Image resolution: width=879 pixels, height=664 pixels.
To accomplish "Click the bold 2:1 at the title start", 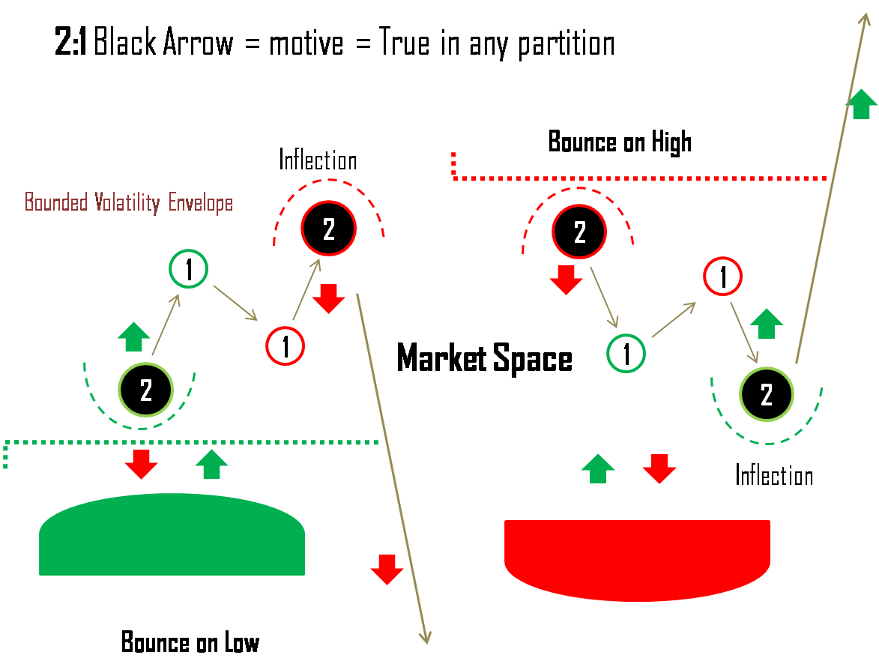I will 70,43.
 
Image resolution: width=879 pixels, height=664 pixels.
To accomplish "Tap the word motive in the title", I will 306,44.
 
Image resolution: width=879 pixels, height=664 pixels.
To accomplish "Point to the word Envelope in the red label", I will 200,203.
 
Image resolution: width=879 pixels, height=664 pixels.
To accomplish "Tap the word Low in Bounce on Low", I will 241,643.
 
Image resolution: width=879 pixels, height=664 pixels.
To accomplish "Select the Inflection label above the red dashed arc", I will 318,160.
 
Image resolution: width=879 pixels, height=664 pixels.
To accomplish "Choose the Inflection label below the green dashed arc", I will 774,475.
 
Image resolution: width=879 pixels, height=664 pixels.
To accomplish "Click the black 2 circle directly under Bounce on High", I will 579,232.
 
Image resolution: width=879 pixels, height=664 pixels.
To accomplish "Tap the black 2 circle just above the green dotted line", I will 146,390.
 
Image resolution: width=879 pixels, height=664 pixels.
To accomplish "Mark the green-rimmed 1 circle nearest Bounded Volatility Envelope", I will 188,270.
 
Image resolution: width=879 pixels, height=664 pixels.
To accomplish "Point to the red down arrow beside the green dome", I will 387,570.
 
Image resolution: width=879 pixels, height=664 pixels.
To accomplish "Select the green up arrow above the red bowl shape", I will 598,468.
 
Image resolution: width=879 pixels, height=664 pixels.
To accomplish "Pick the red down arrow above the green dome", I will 141,464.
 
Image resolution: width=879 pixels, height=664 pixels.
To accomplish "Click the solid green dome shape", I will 172,536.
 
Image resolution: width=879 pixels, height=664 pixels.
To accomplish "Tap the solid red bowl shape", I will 637,558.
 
